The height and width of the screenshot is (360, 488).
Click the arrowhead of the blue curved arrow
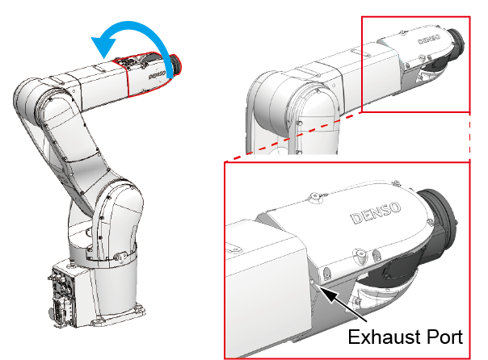point(103,47)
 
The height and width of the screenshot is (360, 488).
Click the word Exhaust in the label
point(384,337)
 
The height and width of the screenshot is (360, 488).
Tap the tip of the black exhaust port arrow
point(320,287)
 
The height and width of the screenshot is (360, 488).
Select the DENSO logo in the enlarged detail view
point(376,213)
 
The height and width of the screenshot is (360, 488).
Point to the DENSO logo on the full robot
point(157,74)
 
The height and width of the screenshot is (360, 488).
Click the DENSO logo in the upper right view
point(429,40)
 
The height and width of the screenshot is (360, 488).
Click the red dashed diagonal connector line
point(292,137)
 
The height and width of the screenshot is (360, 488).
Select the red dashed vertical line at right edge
point(469,136)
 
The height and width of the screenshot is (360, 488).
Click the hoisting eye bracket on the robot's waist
point(120,257)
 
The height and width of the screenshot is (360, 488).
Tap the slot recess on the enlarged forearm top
point(234,249)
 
